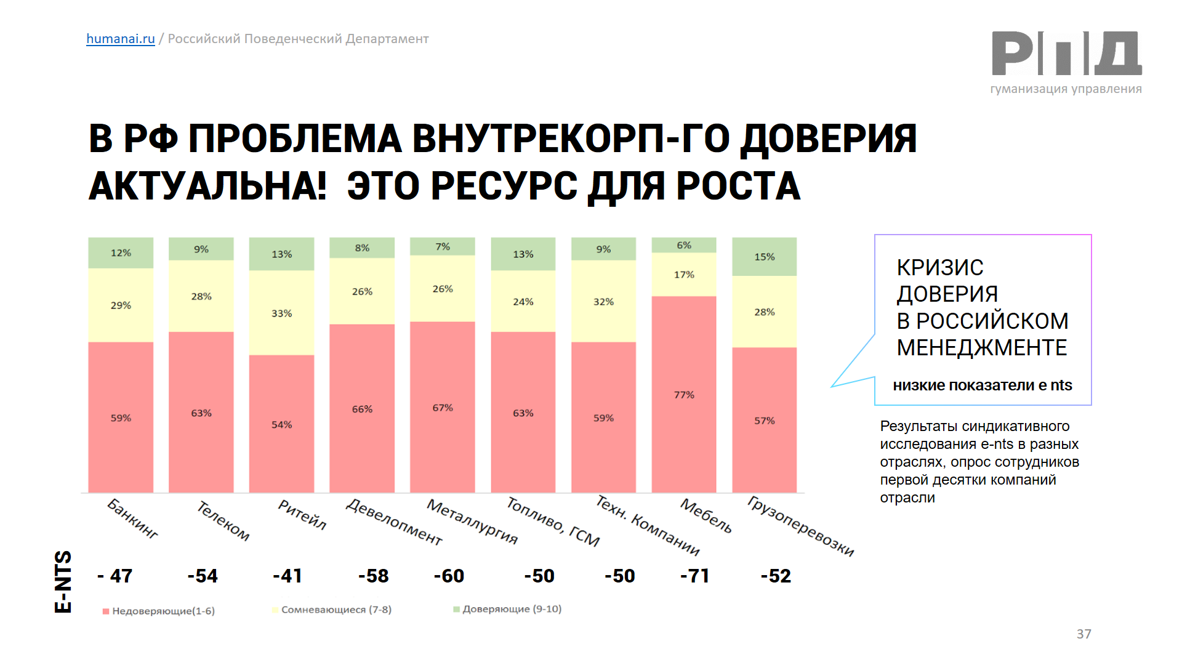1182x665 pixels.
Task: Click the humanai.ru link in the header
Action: [120, 39]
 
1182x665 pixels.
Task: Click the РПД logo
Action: [1066, 54]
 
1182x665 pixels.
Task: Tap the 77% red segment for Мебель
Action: [684, 394]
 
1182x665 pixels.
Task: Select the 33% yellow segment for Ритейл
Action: [281, 313]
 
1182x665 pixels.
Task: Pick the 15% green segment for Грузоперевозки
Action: [764, 257]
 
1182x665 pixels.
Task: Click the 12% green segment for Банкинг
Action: [121, 252]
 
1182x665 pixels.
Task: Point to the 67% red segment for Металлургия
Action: [443, 407]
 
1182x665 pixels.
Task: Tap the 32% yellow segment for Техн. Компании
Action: [603, 301]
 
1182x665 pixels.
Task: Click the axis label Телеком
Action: [223, 521]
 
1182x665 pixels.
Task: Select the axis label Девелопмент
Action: [394, 522]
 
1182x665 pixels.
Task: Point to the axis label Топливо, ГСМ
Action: [553, 522]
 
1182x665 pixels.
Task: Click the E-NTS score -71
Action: [694, 576]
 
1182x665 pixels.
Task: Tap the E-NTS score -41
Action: [287, 576]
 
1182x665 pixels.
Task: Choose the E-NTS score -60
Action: [449, 576]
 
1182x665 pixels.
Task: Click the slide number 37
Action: [1083, 634]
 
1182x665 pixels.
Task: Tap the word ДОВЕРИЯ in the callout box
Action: [947, 294]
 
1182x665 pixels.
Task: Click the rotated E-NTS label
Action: [63, 581]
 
